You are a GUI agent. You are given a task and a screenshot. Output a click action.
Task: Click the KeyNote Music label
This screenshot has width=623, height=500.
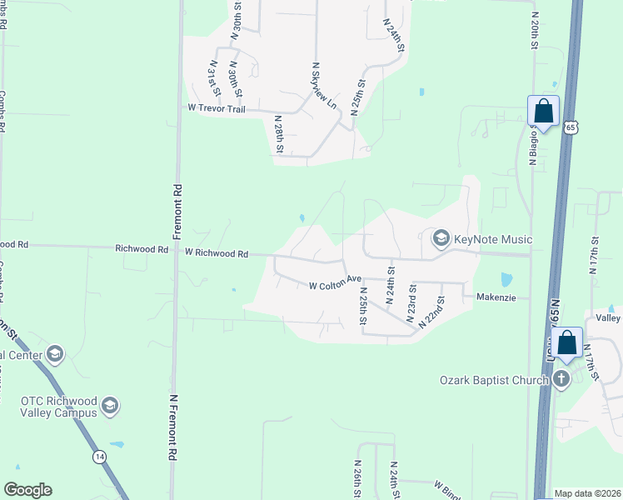tap(492, 240)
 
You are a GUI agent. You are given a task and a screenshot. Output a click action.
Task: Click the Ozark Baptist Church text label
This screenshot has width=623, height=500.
tap(494, 381)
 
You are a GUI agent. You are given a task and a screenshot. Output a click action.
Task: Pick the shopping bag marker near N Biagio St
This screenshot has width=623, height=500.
tap(543, 112)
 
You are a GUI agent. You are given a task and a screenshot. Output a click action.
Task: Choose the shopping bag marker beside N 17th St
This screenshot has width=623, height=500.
tap(566, 343)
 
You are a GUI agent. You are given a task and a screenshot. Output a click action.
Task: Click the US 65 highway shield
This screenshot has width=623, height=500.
tap(570, 127)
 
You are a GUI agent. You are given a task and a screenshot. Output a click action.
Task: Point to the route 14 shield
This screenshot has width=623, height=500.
tap(100, 457)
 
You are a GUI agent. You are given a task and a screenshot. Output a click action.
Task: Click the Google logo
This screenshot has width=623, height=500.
tap(27, 490)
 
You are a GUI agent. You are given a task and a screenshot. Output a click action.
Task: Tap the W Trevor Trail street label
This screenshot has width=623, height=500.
tap(217, 108)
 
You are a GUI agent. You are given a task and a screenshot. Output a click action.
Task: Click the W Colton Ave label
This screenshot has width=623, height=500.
tap(335, 285)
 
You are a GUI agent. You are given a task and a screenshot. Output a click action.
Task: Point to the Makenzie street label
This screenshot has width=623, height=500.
tap(497, 297)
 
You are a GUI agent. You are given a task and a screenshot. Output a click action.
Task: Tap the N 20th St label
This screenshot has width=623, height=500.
tap(532, 27)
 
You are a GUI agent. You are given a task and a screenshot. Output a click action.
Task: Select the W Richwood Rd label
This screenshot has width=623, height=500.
tap(217, 252)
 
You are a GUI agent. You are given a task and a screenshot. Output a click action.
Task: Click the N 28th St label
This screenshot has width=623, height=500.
tap(279, 135)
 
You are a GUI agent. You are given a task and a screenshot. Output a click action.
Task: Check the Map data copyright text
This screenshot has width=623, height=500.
tap(588, 493)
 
